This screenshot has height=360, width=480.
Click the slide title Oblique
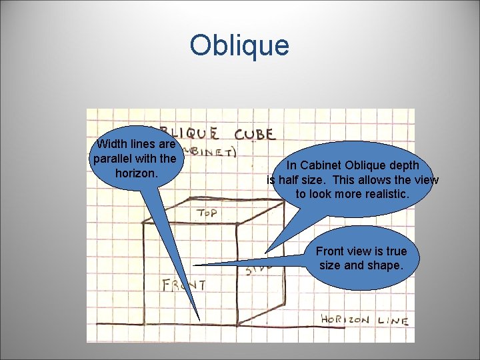click(x=239, y=45)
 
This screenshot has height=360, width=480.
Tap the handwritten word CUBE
click(x=254, y=133)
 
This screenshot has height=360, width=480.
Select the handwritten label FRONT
click(x=184, y=285)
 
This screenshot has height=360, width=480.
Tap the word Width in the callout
click(x=113, y=144)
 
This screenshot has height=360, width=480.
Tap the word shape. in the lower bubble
click(x=383, y=265)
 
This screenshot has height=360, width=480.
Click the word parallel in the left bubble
click(x=115, y=158)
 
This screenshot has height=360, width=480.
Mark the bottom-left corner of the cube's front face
click(x=145, y=324)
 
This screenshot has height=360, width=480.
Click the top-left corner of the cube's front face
click(x=145, y=223)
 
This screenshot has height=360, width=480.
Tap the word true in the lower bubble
click(x=395, y=251)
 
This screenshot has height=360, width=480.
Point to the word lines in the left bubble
click(x=144, y=144)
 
